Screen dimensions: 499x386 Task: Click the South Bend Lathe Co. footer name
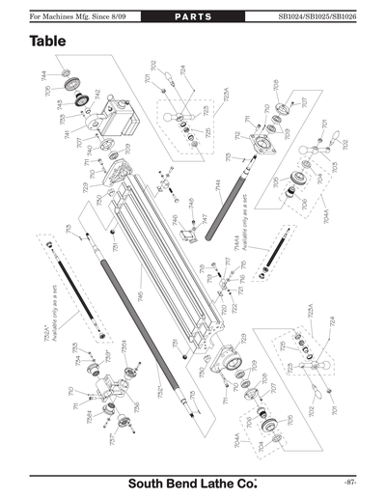click(194, 480)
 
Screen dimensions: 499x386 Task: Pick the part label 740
click(90, 151)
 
